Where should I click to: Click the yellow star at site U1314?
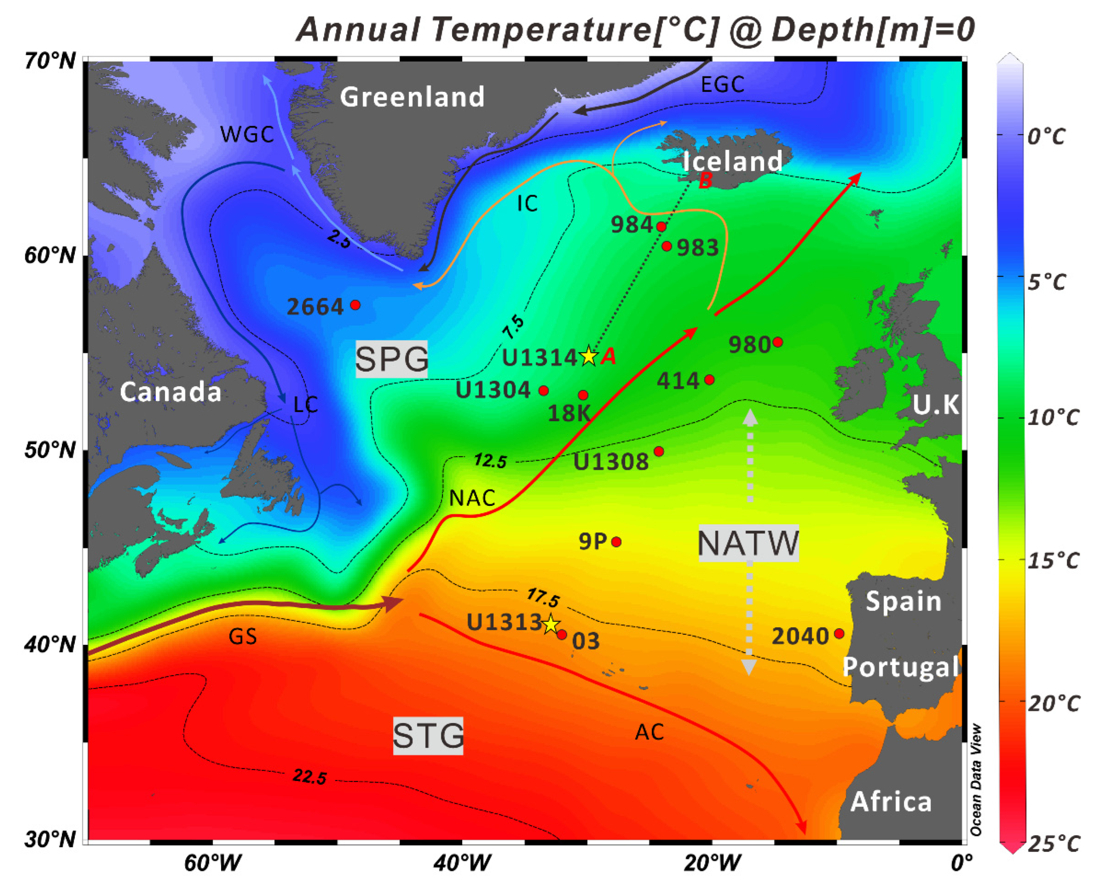pos(589,356)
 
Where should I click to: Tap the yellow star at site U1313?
pos(550,624)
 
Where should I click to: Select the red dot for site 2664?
pos(355,305)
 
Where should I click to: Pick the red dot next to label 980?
pos(778,342)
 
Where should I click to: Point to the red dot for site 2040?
pos(839,633)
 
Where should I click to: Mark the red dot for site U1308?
pos(659,451)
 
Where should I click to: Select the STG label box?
pos(428,736)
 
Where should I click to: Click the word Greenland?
pos(412,96)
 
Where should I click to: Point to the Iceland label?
pos(732,161)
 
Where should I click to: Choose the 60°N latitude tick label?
pos(50,255)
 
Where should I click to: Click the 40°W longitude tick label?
pos(462,863)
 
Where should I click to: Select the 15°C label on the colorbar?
pos(1053,560)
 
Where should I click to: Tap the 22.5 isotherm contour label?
pos(309,777)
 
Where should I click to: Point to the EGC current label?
pos(722,85)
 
